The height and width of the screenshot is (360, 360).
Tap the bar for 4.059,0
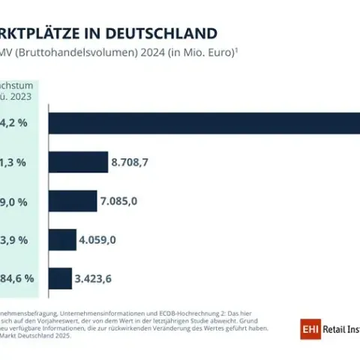coord(62,240)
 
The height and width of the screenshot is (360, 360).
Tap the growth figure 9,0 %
coord(14,201)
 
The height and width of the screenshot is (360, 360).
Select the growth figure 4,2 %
coord(14,123)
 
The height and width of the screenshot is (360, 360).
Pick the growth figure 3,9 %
coord(14,240)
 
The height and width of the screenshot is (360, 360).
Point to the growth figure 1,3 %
coord(14,162)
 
